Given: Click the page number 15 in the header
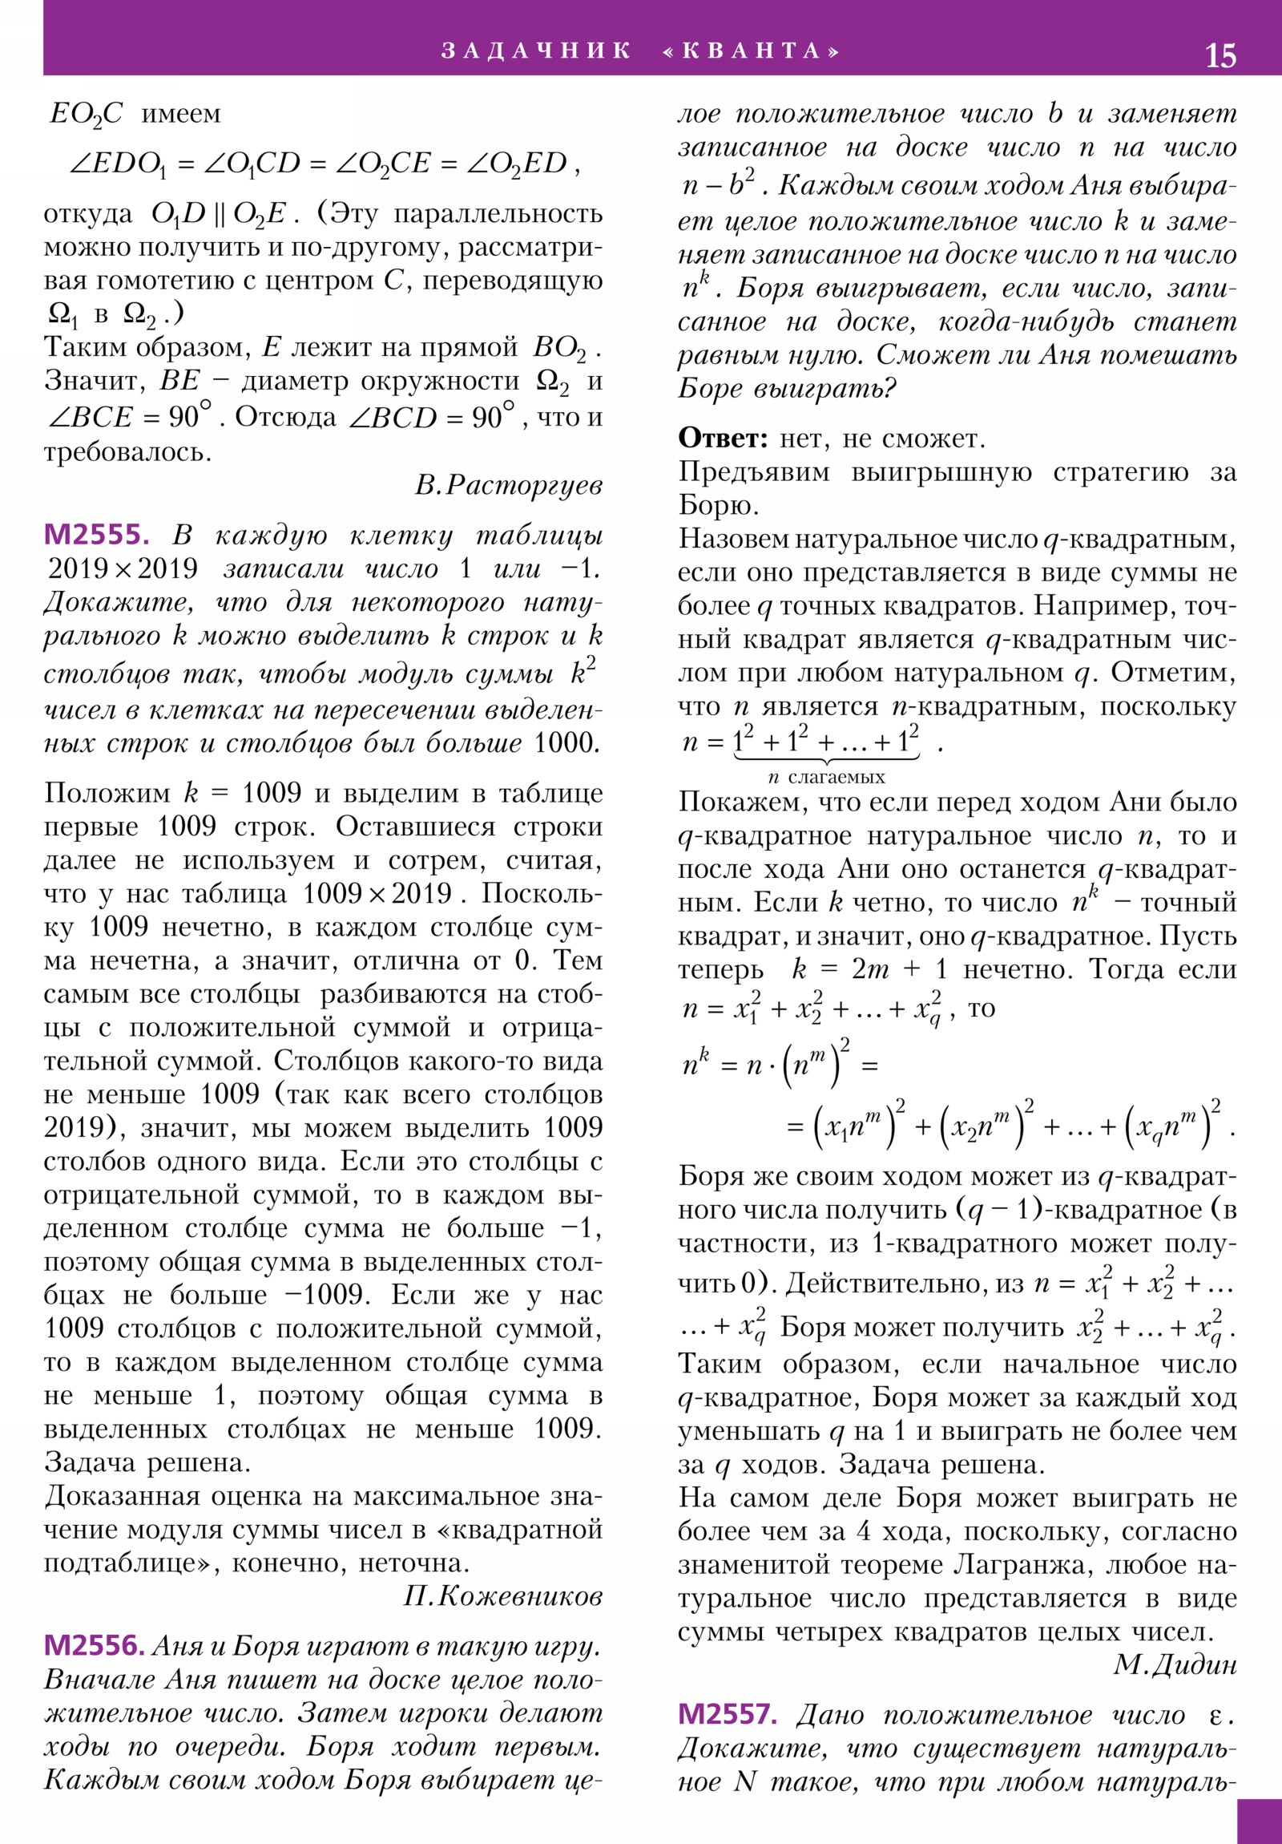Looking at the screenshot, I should pos(1220,55).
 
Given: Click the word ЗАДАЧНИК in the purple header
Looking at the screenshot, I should pos(535,51).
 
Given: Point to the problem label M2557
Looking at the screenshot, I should pos(728,1715).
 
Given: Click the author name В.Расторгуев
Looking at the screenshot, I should pos(508,485).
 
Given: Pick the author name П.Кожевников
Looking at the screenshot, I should pos(502,1596).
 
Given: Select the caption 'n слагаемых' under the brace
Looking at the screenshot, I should pos(826,777).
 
